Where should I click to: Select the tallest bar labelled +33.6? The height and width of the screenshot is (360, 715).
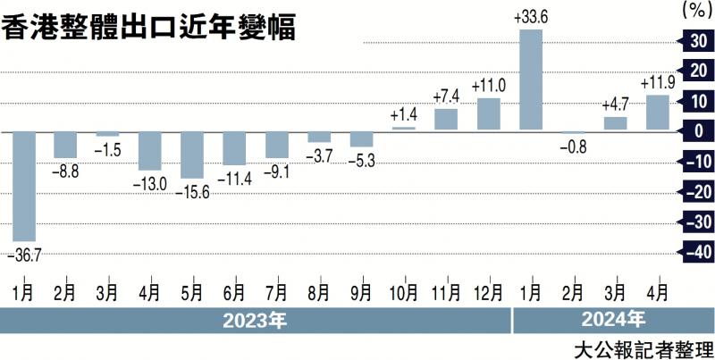[x=531, y=80]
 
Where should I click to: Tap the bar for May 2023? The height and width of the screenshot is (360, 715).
[x=192, y=155]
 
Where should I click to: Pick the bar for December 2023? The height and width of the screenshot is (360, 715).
[x=489, y=114]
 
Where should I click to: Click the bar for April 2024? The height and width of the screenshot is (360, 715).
[x=658, y=113]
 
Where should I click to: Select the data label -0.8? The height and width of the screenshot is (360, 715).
[x=573, y=146]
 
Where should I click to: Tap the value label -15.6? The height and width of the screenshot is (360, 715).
[x=192, y=191]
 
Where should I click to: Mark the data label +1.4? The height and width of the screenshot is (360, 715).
[x=403, y=115]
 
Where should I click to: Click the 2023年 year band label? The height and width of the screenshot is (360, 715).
[x=256, y=318]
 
